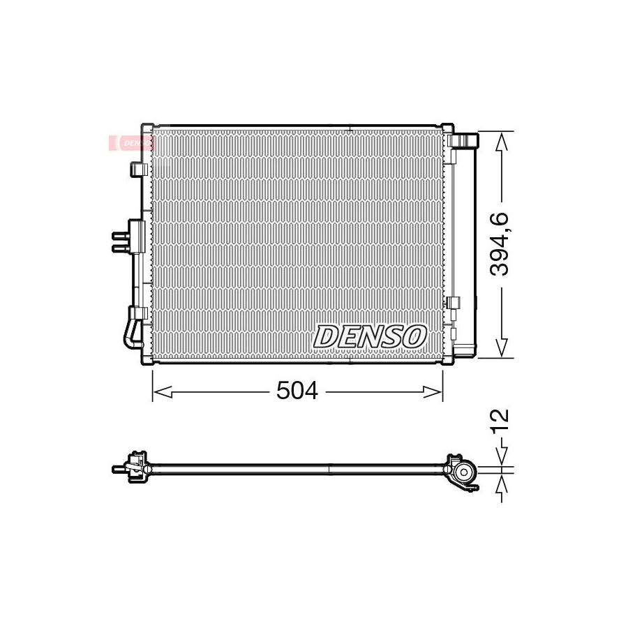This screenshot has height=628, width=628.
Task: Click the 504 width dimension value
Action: coord(297,391)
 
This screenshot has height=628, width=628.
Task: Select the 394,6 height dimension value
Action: coord(500,244)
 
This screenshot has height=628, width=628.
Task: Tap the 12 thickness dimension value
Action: coord(500,420)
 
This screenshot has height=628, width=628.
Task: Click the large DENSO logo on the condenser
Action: coord(369,336)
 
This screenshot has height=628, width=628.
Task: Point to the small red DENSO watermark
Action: coord(132,143)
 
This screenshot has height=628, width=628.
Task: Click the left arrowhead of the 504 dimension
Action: coord(163,392)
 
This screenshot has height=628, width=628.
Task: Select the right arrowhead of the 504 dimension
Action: coord(433,392)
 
